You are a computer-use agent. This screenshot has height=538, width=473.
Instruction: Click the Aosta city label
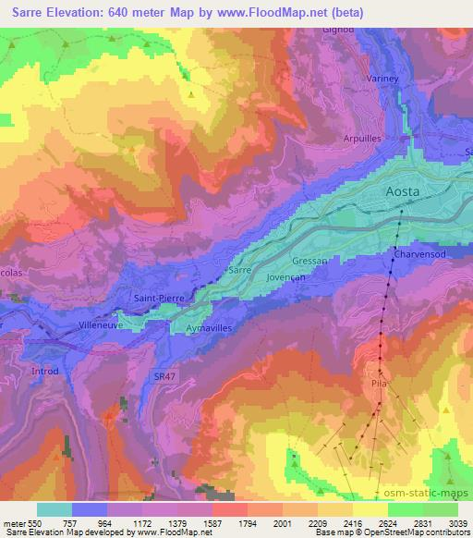[x=402, y=191]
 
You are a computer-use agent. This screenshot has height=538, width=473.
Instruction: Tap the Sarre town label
[x=240, y=270]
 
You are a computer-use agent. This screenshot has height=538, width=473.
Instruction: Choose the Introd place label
[x=43, y=372]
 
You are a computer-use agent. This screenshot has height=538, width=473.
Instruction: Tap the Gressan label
[x=309, y=262]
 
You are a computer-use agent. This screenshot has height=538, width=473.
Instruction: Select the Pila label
[x=378, y=379]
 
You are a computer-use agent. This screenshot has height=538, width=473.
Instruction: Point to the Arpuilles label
[x=362, y=139]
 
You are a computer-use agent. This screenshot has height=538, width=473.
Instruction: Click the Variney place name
[x=382, y=79]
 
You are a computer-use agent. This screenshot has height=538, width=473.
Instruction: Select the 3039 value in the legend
[x=458, y=521]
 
